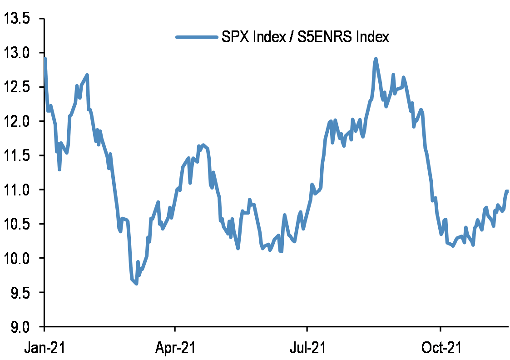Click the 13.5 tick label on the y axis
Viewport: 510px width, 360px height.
click(17, 19)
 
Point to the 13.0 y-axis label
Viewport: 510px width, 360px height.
click(17, 53)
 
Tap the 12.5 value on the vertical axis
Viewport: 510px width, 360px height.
click(17, 87)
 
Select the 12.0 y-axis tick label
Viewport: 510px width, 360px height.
click(17, 121)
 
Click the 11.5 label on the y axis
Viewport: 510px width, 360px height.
click(17, 155)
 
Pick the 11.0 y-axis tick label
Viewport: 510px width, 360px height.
click(17, 190)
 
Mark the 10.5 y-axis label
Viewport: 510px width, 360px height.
click(17, 224)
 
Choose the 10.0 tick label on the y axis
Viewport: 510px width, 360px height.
click(17, 258)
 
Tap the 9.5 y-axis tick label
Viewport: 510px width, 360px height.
click(20, 292)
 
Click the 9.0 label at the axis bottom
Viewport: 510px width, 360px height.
click(20, 326)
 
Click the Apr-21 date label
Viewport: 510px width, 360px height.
click(175, 348)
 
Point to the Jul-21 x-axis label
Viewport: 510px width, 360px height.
click(307, 348)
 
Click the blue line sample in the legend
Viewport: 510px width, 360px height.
click(196, 37)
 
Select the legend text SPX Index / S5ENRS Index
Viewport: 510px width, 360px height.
click(305, 37)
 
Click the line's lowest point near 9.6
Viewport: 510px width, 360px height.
click(136, 284)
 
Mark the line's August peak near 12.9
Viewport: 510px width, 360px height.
click(376, 59)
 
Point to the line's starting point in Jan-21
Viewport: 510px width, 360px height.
click(45, 58)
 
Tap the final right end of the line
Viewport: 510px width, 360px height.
click(508, 191)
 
